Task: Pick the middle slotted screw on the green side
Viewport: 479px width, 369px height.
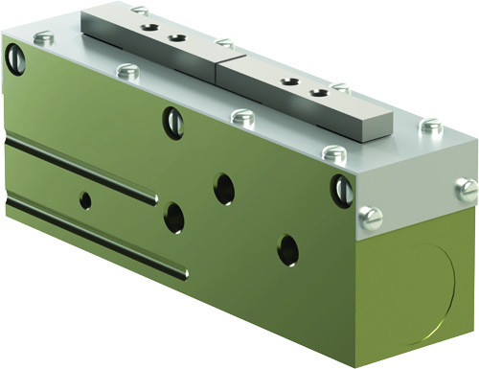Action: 172,121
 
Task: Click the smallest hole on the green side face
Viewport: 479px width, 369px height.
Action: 86,199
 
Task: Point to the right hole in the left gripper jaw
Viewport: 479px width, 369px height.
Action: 176,38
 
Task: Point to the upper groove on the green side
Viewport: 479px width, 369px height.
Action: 81,169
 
